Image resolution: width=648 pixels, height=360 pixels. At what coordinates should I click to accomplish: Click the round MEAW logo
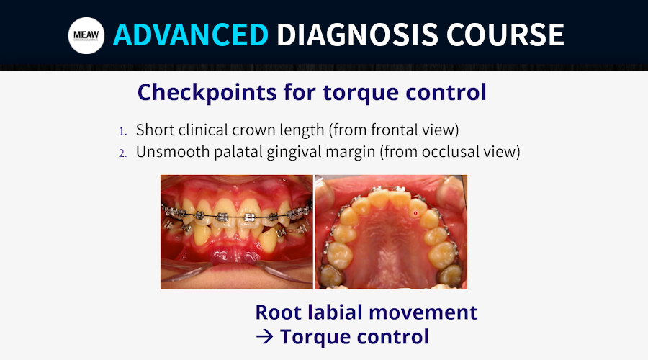(x=86, y=35)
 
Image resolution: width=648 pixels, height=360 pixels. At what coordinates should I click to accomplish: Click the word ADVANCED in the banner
(x=191, y=35)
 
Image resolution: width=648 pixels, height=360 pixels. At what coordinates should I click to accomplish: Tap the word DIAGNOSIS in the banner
(x=357, y=35)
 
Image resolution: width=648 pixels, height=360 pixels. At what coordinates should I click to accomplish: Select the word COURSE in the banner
(x=505, y=35)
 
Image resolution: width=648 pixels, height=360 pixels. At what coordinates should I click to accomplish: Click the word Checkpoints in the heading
(x=207, y=92)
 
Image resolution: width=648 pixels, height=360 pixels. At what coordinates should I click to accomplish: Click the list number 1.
(x=122, y=132)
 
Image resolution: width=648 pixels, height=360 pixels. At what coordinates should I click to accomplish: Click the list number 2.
(x=122, y=153)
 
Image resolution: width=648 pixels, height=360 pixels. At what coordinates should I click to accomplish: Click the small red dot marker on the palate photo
(x=415, y=213)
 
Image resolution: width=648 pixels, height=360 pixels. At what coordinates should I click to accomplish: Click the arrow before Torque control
(x=264, y=337)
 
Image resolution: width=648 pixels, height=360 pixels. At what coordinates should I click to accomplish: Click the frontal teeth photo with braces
(x=237, y=232)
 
